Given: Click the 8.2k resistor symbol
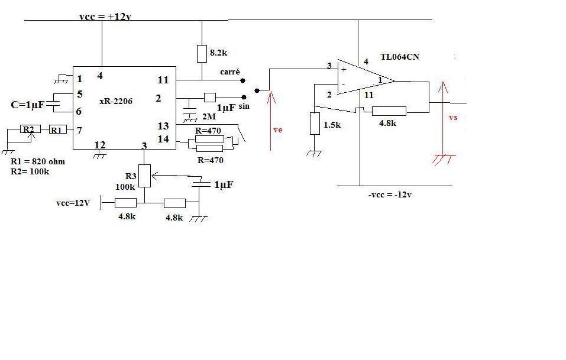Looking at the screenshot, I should (x=202, y=53).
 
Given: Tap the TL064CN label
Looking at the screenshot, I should (x=400, y=57).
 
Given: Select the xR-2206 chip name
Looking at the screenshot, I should (x=116, y=101).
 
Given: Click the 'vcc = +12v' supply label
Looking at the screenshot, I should (x=105, y=17).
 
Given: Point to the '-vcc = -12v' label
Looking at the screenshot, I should (x=389, y=194).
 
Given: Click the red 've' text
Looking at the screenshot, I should (x=277, y=129).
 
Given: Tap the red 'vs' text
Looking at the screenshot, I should (x=453, y=117).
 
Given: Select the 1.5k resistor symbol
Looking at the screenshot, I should (x=314, y=124).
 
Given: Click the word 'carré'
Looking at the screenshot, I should (x=229, y=72).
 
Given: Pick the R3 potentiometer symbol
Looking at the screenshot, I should (x=144, y=176).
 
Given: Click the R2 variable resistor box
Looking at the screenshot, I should (x=29, y=129).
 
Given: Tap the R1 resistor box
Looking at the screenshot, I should (x=57, y=129).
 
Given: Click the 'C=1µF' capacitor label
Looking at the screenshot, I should (x=28, y=105).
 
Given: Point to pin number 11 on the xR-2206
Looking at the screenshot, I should (x=163, y=80).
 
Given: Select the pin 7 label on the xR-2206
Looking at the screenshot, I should (x=79, y=129).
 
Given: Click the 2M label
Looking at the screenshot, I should (x=208, y=116).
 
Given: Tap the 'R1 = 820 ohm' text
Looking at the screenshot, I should (x=38, y=161).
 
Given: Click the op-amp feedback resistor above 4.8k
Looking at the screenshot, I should (x=389, y=111).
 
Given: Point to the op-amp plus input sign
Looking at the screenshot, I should (x=344, y=69).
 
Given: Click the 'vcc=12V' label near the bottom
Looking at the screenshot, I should (x=73, y=203).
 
